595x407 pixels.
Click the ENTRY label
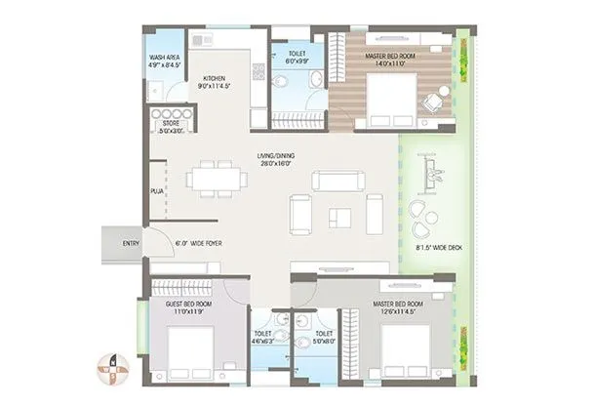click(x=130, y=243)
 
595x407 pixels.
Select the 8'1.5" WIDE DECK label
click(x=440, y=249)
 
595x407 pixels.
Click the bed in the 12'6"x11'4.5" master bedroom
click(x=403, y=348)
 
